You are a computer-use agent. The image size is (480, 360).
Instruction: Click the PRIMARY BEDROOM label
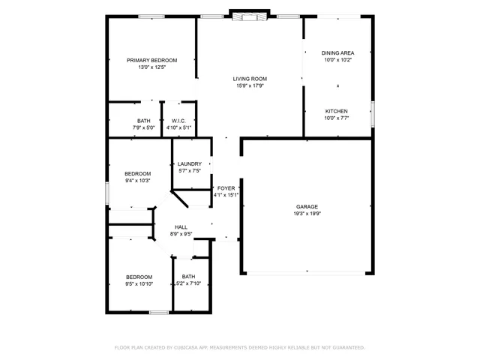(x=151, y=60)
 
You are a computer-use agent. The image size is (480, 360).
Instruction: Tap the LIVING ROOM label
(x=250, y=78)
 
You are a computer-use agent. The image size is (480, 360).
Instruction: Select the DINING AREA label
(x=337, y=52)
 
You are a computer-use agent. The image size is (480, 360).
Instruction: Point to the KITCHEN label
(x=336, y=110)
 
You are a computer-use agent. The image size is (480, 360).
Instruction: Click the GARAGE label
(x=307, y=206)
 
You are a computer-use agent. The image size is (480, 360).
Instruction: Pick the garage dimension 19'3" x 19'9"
(x=307, y=213)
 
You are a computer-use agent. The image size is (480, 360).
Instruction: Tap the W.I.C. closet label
(x=178, y=121)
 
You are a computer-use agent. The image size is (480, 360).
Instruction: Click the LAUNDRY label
(x=189, y=163)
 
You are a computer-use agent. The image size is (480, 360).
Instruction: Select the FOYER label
(x=226, y=187)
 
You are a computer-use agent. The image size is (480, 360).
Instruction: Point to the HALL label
(x=181, y=226)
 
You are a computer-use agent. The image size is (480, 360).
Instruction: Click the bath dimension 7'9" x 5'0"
(x=143, y=127)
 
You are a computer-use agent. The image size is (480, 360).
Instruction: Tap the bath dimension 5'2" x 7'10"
(x=188, y=283)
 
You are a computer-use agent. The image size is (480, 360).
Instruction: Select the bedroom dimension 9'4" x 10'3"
(x=137, y=180)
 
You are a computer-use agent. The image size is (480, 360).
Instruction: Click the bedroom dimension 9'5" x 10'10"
(x=139, y=283)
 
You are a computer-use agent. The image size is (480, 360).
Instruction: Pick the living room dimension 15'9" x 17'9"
(x=250, y=85)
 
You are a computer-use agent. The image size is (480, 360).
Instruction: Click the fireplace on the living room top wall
(x=247, y=15)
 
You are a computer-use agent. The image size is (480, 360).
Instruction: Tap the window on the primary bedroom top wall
(x=152, y=16)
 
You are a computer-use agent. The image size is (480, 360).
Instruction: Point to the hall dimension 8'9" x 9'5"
(x=181, y=234)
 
